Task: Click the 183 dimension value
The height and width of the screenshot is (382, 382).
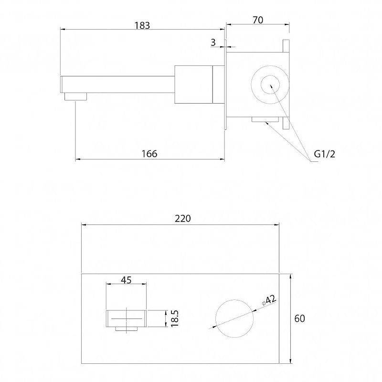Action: [142, 25]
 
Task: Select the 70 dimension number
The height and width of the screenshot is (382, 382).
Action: [258, 20]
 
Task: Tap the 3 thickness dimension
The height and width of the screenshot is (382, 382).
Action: [213, 42]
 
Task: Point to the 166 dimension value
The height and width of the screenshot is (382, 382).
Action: [149, 154]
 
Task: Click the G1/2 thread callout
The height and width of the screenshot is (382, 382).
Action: [325, 154]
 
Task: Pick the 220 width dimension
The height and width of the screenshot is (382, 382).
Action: [183, 219]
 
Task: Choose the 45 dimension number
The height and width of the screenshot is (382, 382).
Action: [126, 280]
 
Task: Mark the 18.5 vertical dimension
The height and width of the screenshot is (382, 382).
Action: [175, 318]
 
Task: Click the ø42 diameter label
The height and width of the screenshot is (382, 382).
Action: [269, 300]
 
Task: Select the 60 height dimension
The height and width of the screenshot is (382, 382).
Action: [299, 318]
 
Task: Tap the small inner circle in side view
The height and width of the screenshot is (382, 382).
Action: [270, 85]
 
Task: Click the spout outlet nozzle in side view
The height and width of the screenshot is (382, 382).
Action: [75, 96]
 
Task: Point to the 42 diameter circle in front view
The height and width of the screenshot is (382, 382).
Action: [234, 300]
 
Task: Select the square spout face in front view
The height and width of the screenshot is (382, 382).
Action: [126, 318]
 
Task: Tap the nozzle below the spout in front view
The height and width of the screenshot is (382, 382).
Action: [126, 329]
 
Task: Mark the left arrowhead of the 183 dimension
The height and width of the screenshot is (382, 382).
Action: [63, 29]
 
